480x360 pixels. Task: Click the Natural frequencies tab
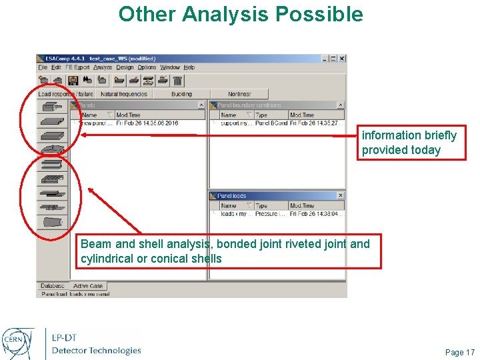(x=124, y=94)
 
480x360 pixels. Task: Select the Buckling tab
(x=181, y=94)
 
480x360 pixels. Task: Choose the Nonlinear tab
(x=239, y=94)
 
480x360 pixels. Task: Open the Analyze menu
(x=103, y=67)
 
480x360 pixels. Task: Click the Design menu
(x=125, y=67)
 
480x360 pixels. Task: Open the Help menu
(x=189, y=67)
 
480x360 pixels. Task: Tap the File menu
(x=43, y=67)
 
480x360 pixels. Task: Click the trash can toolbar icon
(x=177, y=81)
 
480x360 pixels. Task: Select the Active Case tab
(x=88, y=286)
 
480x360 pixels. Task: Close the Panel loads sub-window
(x=340, y=195)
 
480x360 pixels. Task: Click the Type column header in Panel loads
(x=262, y=206)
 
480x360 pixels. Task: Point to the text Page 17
(x=459, y=352)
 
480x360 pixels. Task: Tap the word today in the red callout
(x=426, y=150)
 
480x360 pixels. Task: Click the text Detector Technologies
(x=97, y=350)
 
